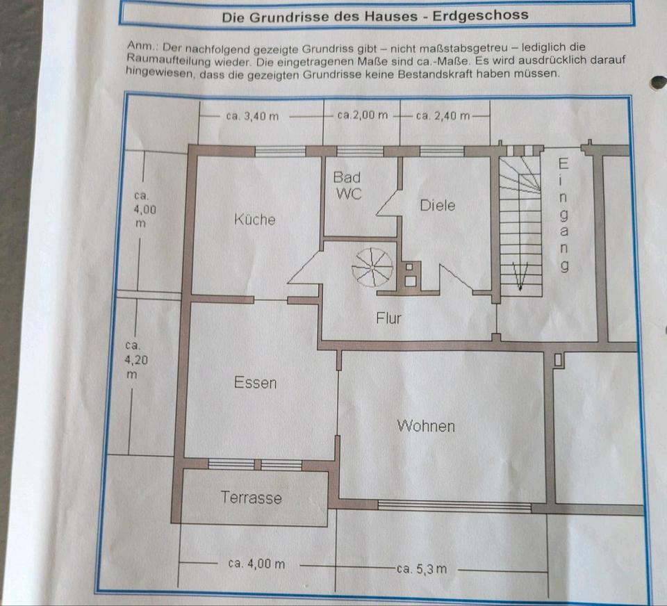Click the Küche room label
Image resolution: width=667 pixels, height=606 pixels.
[254, 220]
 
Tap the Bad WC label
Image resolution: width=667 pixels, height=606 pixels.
[347, 186]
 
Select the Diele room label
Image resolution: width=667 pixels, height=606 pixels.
[438, 206]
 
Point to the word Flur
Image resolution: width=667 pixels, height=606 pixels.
[389, 318]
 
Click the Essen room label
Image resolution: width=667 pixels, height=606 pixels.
[255, 382]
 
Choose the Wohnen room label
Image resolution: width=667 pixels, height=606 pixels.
[426, 425]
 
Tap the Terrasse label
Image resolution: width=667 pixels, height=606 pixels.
[252, 498]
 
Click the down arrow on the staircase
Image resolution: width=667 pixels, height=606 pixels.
[520, 276]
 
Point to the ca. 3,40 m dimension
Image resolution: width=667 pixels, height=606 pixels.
[252, 116]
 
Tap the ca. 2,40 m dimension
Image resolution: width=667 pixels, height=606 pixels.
[443, 115]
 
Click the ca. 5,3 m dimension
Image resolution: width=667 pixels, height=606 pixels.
[421, 569]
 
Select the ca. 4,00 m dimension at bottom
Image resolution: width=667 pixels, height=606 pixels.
[256, 564]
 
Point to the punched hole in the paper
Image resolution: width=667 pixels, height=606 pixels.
[657, 83]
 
